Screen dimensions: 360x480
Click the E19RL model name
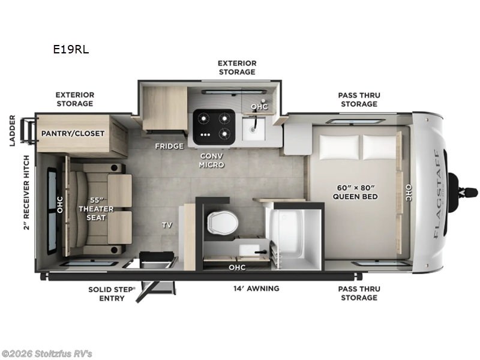click(71, 50)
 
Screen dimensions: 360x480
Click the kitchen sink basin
click(254, 126)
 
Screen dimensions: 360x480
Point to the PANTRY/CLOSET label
click(73, 133)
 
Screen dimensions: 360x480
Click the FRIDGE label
click(169, 146)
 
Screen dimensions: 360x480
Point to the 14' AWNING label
click(256, 289)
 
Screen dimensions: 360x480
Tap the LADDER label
click(12, 130)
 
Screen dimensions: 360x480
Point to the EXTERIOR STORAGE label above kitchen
click(236, 67)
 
